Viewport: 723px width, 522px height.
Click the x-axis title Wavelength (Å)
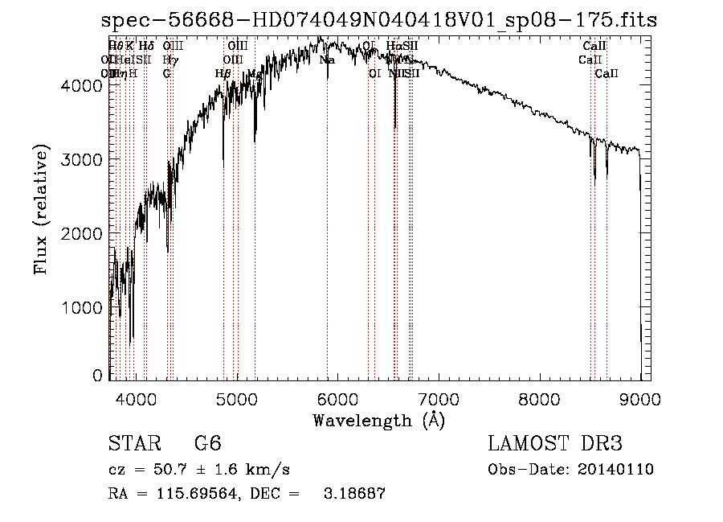coord(378,420)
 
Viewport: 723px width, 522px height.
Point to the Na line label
coord(327,60)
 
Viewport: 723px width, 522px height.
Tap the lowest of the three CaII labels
coord(607,74)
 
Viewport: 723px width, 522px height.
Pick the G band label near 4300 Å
coord(166,74)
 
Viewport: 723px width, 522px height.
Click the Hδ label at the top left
coord(145,47)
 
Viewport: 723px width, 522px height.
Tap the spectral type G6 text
coord(207,444)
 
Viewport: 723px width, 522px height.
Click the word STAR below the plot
coord(129,444)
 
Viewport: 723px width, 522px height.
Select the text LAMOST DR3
coord(555,444)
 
